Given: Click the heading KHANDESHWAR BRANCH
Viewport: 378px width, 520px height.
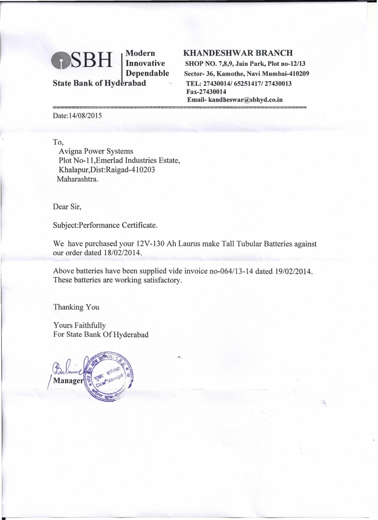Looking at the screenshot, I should pyautogui.click(x=238, y=53).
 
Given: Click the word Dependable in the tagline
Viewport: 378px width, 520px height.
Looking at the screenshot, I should pyautogui.click(x=148, y=73).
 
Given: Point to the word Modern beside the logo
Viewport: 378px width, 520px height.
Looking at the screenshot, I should pyautogui.click(x=141, y=53).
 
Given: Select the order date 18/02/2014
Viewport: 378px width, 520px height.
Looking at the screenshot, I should pyautogui.click(x=121, y=253).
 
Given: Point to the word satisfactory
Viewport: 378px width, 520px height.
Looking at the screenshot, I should pyautogui.click(x=157, y=280).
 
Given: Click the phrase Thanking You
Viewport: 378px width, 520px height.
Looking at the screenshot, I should pyautogui.click(x=76, y=307).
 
